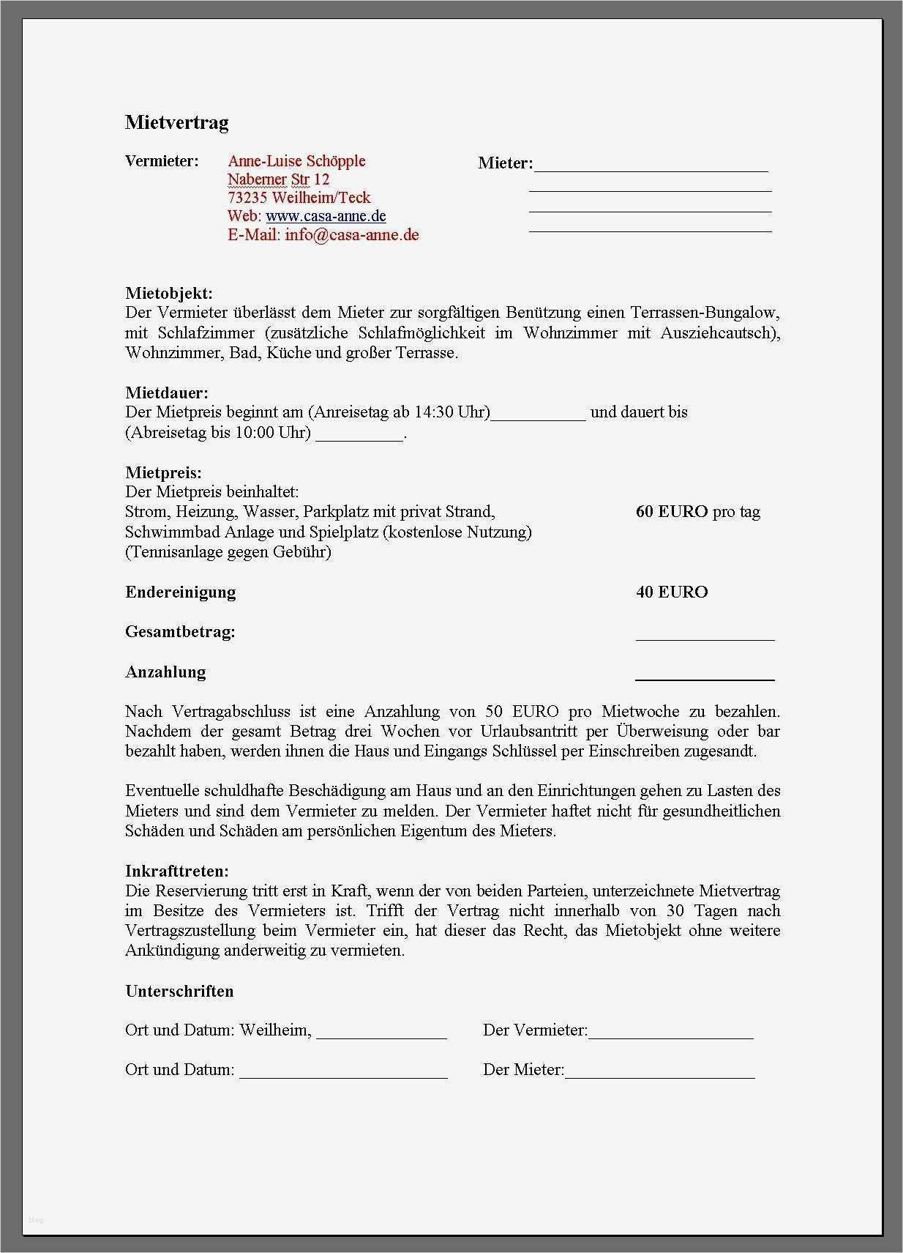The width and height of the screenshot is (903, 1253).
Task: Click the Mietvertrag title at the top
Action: [176, 122]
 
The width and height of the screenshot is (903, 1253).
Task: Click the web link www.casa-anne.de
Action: [326, 216]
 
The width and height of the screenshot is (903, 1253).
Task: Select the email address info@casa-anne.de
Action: [352, 234]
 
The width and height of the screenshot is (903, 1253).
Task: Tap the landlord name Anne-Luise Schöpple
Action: [296, 161]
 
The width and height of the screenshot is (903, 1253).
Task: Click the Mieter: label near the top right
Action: [505, 163]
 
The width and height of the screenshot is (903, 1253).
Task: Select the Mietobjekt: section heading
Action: [169, 293]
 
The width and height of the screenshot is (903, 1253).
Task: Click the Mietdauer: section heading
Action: [167, 393]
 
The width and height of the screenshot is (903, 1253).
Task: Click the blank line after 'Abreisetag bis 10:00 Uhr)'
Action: [359, 438]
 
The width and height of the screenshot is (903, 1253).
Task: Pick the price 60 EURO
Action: [672, 511]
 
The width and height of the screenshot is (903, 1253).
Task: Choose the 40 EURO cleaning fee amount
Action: [672, 592]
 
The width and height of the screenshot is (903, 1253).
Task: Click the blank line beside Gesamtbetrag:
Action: [705, 639]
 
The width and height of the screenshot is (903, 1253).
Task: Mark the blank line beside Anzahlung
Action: [705, 679]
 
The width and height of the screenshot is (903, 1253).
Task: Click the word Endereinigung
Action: [181, 592]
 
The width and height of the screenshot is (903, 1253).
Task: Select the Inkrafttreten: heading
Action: [177, 871]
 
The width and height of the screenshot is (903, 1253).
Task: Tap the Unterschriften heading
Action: [179, 991]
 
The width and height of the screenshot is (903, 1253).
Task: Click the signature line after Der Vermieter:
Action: [670, 1036]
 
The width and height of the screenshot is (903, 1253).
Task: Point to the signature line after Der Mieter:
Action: [659, 1076]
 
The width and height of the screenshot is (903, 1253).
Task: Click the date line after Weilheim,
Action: [381, 1036]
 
